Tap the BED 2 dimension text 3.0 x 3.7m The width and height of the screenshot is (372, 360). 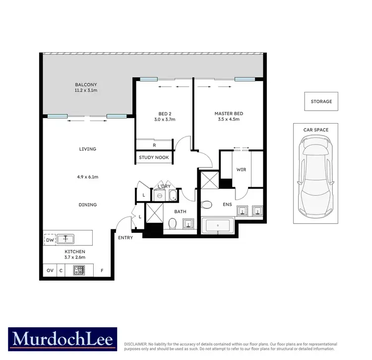point(164,120)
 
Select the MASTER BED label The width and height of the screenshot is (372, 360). point(229,113)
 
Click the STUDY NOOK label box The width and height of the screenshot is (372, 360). point(154,157)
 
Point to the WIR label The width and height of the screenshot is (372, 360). point(241,170)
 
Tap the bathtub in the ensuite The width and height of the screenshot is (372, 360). point(218,226)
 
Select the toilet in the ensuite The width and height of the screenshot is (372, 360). point(207,204)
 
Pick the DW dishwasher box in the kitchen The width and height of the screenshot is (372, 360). point(49,239)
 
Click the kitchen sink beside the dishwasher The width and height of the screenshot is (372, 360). point(65,239)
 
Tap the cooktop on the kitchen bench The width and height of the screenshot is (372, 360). point(79,271)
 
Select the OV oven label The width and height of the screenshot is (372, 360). point(49,271)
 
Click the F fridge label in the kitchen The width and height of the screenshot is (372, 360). point(102,271)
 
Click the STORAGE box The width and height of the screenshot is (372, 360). point(321,101)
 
